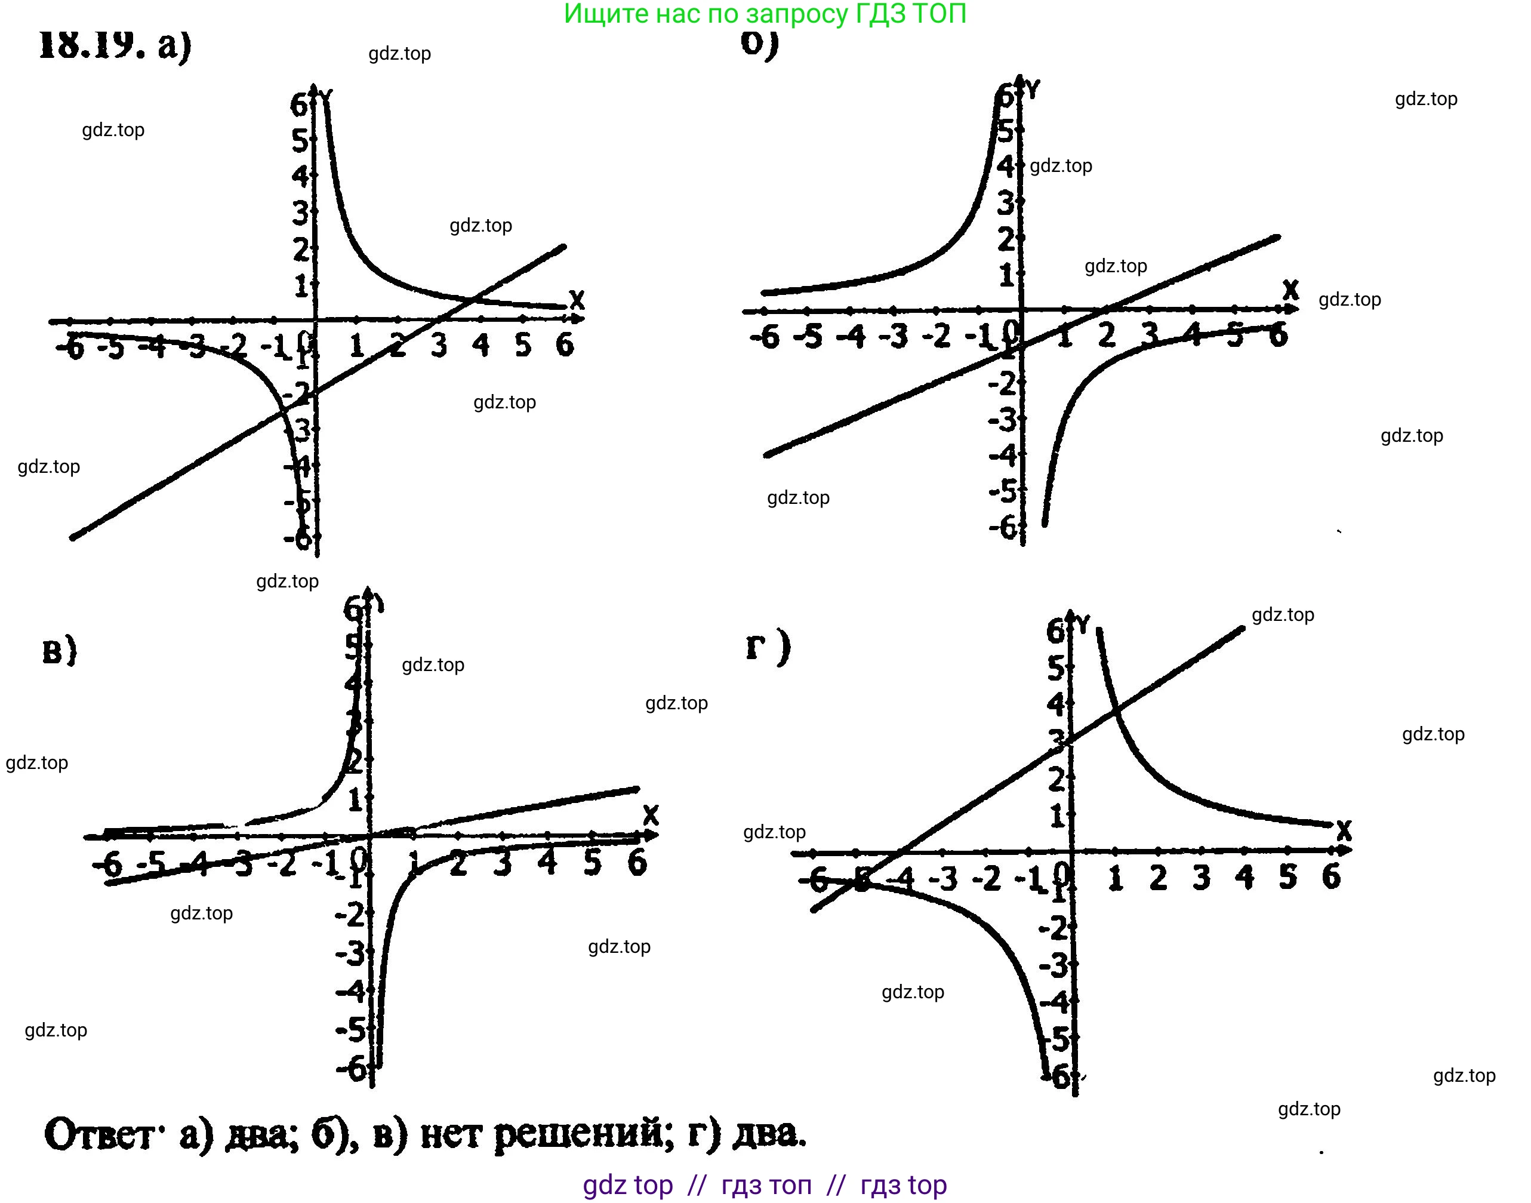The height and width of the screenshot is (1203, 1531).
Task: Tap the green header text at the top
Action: [765, 14]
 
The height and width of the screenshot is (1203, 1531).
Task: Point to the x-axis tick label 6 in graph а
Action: [565, 345]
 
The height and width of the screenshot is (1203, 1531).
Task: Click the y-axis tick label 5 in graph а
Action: [300, 141]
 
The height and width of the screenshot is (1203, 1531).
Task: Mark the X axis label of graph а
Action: [577, 300]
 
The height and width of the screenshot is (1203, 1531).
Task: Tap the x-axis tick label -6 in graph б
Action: [765, 337]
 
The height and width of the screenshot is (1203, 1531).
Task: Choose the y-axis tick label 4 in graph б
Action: [1006, 166]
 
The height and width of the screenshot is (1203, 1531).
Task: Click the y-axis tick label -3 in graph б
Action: [1003, 420]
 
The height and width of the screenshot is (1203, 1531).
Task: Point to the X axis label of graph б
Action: [1290, 290]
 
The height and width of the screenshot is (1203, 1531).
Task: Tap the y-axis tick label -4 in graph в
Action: [350, 992]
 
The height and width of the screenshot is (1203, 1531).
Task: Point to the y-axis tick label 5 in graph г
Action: [1056, 669]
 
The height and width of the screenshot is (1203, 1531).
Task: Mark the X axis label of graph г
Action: [1344, 830]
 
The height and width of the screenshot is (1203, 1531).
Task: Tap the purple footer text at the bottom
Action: [765, 1184]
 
